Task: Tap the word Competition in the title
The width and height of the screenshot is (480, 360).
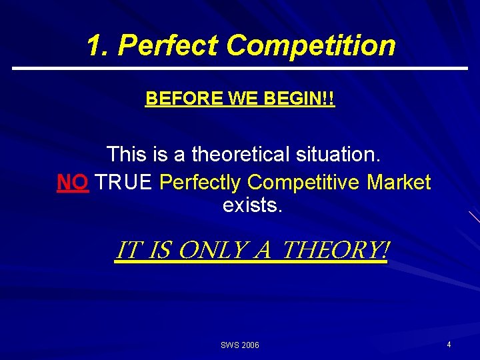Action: [x=310, y=45]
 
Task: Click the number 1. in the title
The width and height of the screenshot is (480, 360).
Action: [x=99, y=45]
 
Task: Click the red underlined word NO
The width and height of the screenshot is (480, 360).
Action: [x=73, y=182]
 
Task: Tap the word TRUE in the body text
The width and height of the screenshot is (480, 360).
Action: [x=125, y=182]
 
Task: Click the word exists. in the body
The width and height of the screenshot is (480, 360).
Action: [x=253, y=205]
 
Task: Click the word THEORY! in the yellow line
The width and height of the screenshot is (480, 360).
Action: [x=335, y=251]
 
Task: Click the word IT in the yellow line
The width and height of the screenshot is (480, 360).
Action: [x=127, y=251]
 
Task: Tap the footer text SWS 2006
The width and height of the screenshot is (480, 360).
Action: [x=240, y=345]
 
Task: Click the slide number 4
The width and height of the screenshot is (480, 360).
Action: [x=449, y=345]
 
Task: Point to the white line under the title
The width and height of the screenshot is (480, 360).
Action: [x=240, y=68]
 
